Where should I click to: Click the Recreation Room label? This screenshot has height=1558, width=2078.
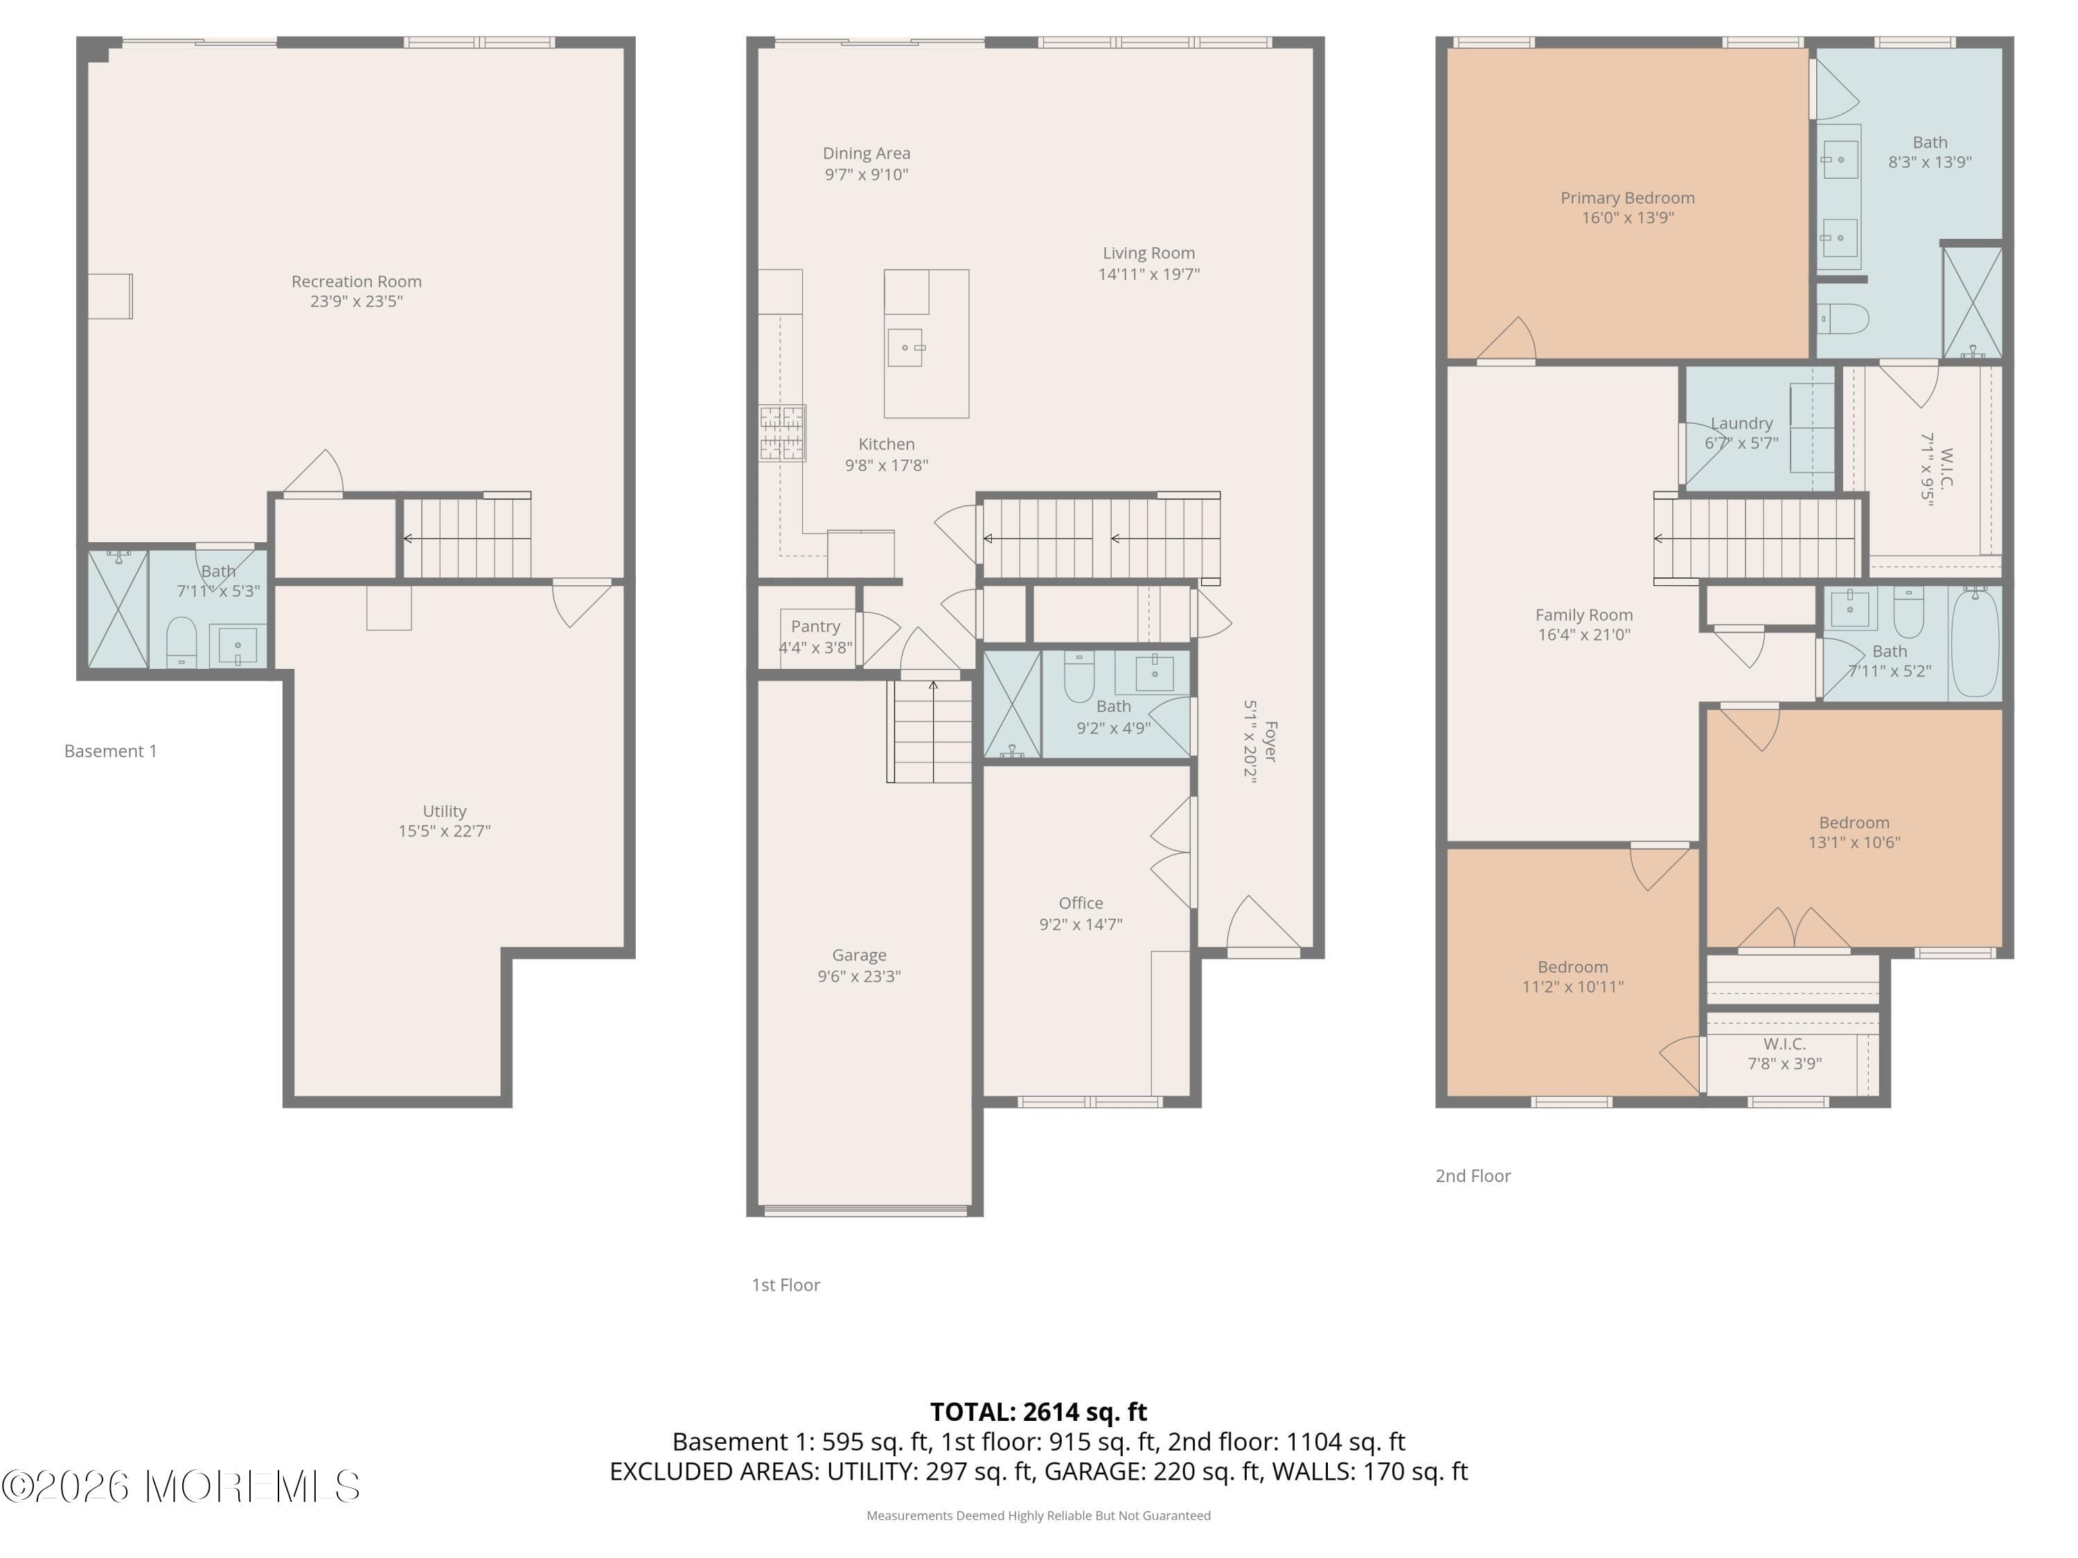point(356,281)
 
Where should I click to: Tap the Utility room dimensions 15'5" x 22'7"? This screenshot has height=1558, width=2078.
point(445,831)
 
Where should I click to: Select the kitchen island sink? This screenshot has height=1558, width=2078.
point(905,348)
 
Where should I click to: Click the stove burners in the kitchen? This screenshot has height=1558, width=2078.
point(781,433)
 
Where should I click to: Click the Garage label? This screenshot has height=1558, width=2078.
point(859,955)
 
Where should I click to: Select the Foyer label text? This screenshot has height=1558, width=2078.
point(1270,741)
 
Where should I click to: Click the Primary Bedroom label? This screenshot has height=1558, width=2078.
point(1627,198)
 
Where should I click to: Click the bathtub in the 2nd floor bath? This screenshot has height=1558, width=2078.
point(1975,643)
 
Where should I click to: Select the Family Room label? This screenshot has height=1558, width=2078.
point(1584,615)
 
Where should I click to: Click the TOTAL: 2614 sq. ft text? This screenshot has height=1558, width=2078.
point(1038,1411)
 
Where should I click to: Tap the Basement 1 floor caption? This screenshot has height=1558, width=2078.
point(110,751)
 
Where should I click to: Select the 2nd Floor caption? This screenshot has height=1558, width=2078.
point(1472,1176)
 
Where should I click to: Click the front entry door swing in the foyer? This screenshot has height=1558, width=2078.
point(1261,925)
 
